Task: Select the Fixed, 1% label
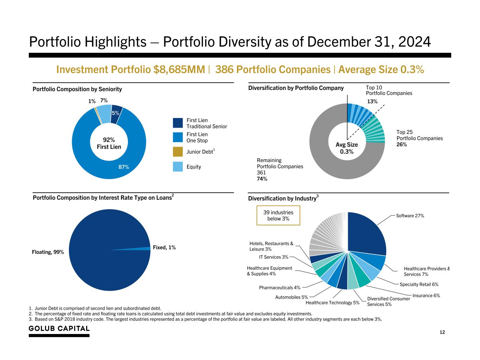point(164,247)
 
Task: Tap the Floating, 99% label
point(48,252)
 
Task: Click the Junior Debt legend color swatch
point(178,152)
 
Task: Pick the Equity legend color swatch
point(178,167)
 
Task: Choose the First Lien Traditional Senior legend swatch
point(178,123)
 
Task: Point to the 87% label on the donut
point(123,167)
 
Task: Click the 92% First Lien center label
point(109,143)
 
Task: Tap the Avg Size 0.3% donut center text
point(347,148)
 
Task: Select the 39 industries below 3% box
point(278,216)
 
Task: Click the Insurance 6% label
point(426,296)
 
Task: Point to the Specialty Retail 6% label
point(419,284)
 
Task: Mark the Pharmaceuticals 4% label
point(280,288)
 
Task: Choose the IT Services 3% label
point(274,257)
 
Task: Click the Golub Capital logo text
point(59,329)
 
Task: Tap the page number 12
point(442,332)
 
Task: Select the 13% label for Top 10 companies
point(372,102)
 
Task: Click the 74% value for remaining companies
point(262,179)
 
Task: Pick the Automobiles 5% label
point(292,297)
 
